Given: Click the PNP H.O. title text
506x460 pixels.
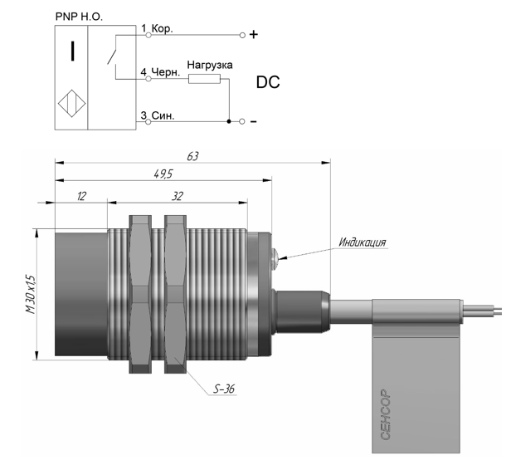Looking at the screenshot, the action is click(x=79, y=17).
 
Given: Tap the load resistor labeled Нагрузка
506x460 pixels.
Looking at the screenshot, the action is click(x=204, y=79).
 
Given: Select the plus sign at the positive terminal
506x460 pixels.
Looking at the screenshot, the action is click(x=254, y=34).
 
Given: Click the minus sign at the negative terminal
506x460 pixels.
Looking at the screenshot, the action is click(x=254, y=121).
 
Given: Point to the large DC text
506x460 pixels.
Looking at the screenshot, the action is click(x=268, y=82).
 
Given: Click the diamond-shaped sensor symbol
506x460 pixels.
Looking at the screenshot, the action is click(x=71, y=104).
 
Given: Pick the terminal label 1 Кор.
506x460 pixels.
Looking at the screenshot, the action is click(x=157, y=28).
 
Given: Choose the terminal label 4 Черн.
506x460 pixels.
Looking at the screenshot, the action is click(x=160, y=72).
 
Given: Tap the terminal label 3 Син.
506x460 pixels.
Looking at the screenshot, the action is click(x=158, y=115).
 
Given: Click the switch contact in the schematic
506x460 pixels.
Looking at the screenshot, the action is click(x=112, y=53).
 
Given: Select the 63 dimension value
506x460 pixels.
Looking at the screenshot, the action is click(x=192, y=156).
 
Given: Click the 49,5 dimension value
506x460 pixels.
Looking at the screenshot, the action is click(x=163, y=174).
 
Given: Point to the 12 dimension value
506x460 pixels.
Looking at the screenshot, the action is click(x=81, y=196).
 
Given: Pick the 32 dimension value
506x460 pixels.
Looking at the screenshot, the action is click(x=178, y=196).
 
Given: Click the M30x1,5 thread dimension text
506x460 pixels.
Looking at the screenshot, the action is click(x=31, y=294).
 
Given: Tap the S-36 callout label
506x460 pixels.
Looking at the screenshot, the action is click(x=224, y=389).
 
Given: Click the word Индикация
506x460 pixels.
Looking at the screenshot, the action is click(x=362, y=242).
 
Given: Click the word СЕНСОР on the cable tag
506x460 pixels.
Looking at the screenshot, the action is click(x=386, y=414).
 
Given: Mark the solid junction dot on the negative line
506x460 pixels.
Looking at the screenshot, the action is click(x=229, y=121).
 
